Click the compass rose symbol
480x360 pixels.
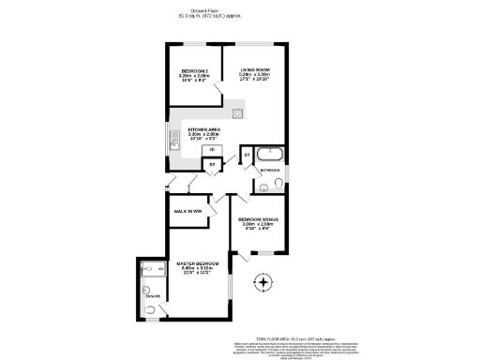tap(264, 282)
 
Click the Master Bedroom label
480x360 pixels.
tap(198, 263)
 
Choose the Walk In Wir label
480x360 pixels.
tap(188, 212)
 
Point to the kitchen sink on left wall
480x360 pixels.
tap(174, 142)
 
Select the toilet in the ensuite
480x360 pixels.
tap(152, 307)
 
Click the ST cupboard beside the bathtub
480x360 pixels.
tap(247, 153)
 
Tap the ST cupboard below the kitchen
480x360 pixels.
tap(212, 164)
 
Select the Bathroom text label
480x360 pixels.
tap(272, 171)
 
